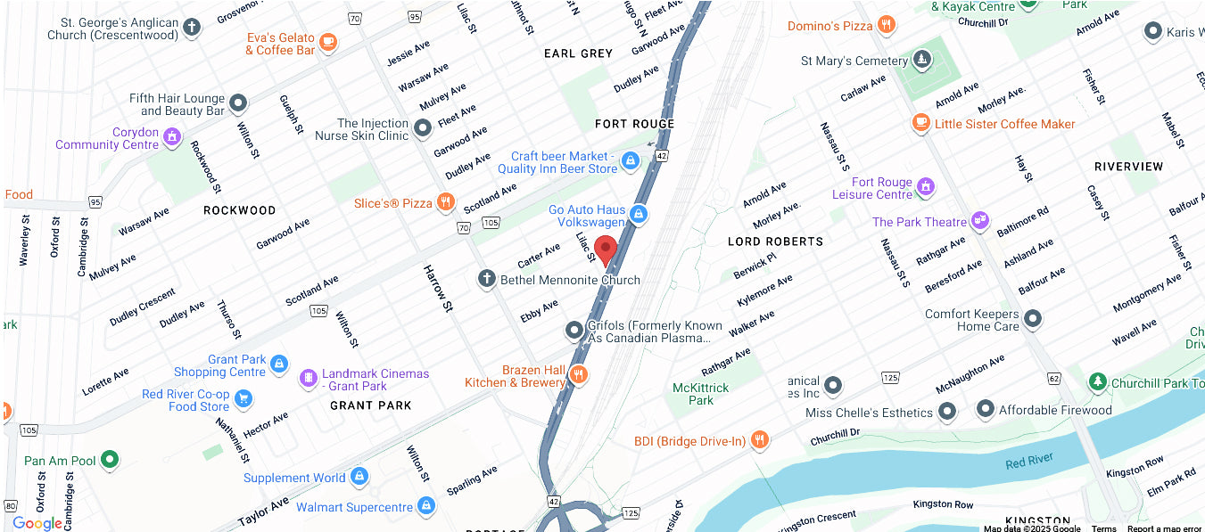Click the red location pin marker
pyautogui.click(x=607, y=250)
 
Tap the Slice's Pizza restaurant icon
pyautogui.click(x=445, y=203)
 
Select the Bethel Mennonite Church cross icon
pyautogui.click(x=487, y=280)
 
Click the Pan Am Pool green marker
pyautogui.click(x=110, y=460)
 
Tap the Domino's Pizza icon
pyautogui.click(x=886, y=25)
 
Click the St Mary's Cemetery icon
pyautogui.click(x=921, y=61)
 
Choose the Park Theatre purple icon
pyautogui.click(x=980, y=220)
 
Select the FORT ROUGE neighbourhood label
pyautogui.click(x=634, y=124)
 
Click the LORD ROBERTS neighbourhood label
pyautogui.click(x=775, y=241)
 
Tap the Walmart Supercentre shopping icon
pyautogui.click(x=426, y=506)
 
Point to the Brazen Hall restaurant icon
pyautogui.click(x=579, y=375)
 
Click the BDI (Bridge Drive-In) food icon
pyautogui.click(x=759, y=439)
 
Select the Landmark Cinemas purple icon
pyautogui.click(x=309, y=379)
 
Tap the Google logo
pyautogui.click(x=37, y=523)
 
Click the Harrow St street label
pyautogui.click(x=439, y=288)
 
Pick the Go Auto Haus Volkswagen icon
pyautogui.click(x=638, y=214)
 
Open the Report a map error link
pyautogui.click(x=1164, y=528)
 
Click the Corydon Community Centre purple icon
pyautogui.click(x=171, y=137)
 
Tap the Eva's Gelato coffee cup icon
pyautogui.click(x=328, y=42)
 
